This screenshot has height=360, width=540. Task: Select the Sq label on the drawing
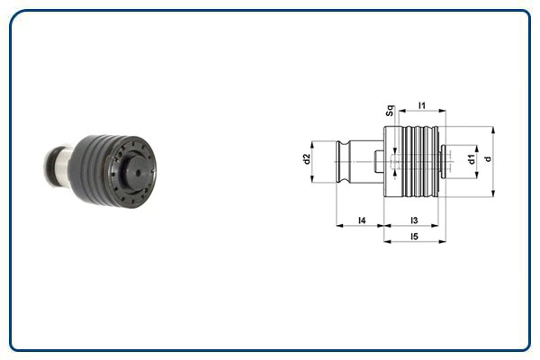tap(389, 112)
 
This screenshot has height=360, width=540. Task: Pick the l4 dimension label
tap(361, 219)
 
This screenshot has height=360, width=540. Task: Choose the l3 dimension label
tap(414, 219)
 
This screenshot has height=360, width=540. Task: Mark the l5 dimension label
tap(414, 236)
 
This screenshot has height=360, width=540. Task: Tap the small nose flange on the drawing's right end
tap(445, 162)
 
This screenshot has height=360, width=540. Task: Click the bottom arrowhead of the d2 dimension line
tap(313, 182)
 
